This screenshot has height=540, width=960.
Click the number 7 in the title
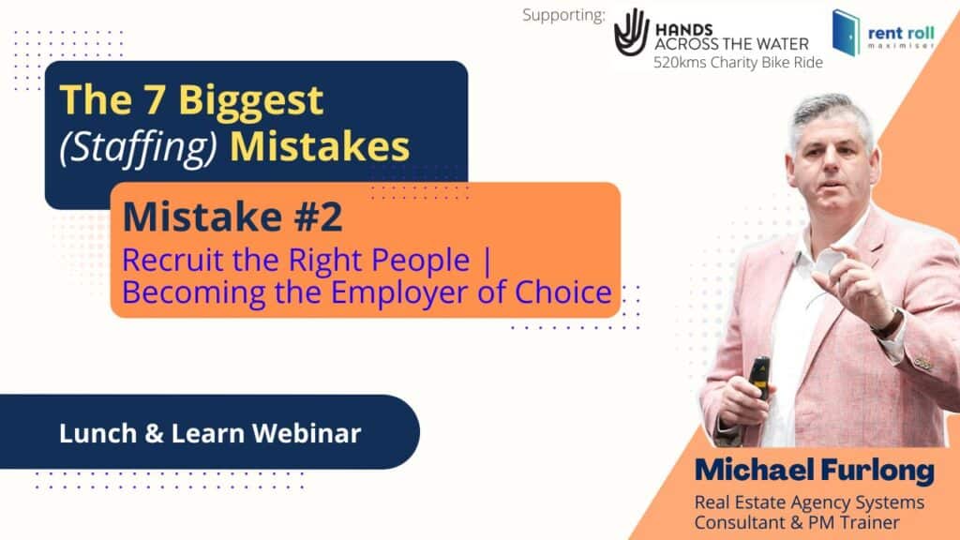pyautogui.click(x=155, y=99)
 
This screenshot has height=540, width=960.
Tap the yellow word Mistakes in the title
pyautogui.click(x=320, y=147)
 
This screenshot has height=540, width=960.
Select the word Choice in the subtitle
pyautogui.click(x=563, y=292)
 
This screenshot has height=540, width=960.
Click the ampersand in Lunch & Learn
pyautogui.click(x=155, y=433)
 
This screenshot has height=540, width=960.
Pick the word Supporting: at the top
pyautogui.click(x=563, y=15)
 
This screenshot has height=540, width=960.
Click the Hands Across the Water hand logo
pyautogui.click(x=631, y=32)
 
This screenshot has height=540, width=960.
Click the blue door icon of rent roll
pyautogui.click(x=847, y=33)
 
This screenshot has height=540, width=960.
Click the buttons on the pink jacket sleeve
pyautogui.click(x=923, y=363)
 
